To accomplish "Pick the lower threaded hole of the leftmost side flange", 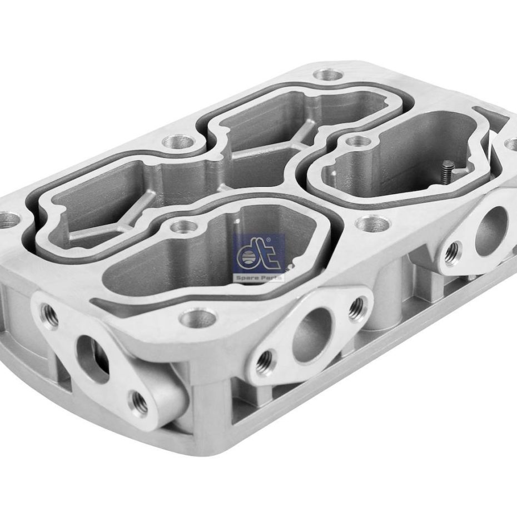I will tap(140, 401).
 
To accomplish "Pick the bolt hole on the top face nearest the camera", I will tap(198, 319).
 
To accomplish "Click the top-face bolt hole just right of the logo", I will tap(372, 224).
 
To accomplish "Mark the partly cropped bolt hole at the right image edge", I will tap(512, 143).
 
